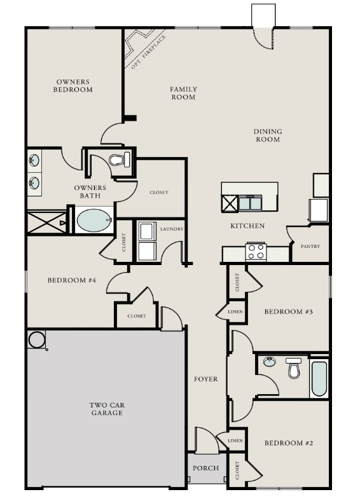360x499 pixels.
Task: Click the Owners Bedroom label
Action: (74, 86)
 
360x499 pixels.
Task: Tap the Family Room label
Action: (183, 93)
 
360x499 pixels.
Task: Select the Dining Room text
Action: (268, 135)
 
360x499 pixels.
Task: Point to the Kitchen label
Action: (247, 226)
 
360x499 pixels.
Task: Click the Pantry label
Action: (310, 247)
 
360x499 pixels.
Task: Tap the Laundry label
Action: (172, 229)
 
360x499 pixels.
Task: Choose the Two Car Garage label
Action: (106, 408)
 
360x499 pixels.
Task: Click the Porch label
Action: (206, 468)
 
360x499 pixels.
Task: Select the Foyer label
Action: (206, 379)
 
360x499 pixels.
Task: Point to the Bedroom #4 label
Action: (71, 280)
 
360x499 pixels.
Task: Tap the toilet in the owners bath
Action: (118, 159)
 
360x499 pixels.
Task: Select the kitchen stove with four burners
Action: (256, 252)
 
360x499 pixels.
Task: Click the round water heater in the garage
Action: (36, 339)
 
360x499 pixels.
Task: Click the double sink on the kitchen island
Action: (249, 203)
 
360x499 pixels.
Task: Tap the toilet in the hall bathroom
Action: (293, 368)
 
